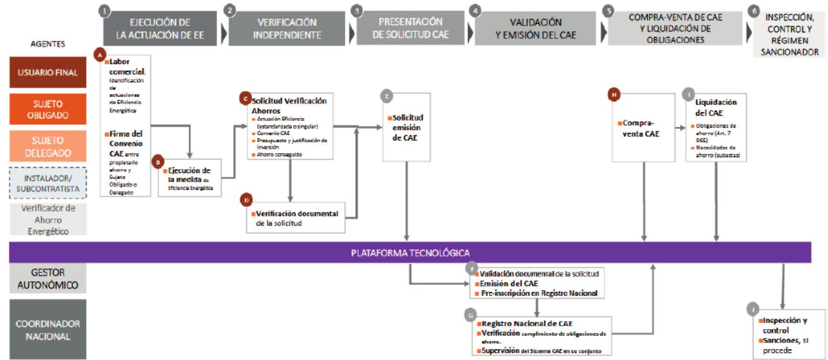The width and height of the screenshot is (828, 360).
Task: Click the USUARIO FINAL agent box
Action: click(x=48, y=73)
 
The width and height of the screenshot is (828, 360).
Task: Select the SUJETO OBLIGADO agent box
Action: click(x=48, y=109)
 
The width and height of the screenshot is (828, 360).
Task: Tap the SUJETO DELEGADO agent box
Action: click(x=48, y=147)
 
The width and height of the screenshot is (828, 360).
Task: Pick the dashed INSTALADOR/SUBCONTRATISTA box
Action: click(x=48, y=183)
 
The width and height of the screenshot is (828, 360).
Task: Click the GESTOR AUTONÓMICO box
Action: click(x=48, y=278)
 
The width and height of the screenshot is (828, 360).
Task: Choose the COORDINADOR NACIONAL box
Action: click(x=48, y=329)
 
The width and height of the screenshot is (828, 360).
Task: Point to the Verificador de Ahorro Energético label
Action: click(x=48, y=220)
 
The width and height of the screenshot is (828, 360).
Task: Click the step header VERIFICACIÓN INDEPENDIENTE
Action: click(x=287, y=29)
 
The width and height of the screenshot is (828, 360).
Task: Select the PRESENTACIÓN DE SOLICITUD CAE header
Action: click(x=410, y=28)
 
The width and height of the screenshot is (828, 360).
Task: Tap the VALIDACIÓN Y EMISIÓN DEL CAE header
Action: click(x=535, y=29)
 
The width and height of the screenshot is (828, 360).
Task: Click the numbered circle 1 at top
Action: click(x=105, y=11)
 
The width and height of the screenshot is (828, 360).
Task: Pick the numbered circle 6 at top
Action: click(x=754, y=11)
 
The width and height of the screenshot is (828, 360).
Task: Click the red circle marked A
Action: click(x=100, y=55)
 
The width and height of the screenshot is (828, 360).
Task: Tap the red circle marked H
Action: click(x=614, y=95)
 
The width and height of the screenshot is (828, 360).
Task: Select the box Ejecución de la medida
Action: click(x=190, y=178)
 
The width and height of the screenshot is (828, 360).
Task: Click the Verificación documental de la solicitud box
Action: click(x=296, y=218)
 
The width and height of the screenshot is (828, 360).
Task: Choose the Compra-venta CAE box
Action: click(x=643, y=128)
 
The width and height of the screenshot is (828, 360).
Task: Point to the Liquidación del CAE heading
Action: click(x=715, y=107)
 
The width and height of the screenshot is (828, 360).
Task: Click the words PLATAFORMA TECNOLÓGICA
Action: click(x=410, y=253)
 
